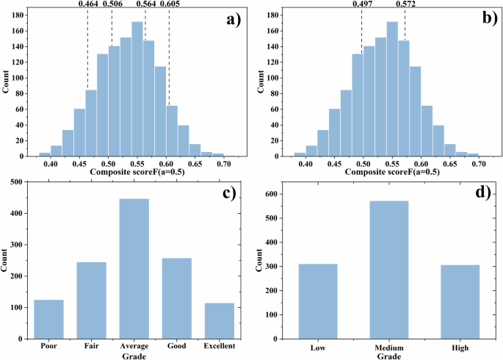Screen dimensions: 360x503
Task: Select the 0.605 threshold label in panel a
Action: [170, 4]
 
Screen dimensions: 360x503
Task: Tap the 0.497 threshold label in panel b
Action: [362, 4]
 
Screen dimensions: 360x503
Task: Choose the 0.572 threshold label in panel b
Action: [405, 4]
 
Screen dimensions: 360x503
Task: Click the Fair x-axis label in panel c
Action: [91, 343]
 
